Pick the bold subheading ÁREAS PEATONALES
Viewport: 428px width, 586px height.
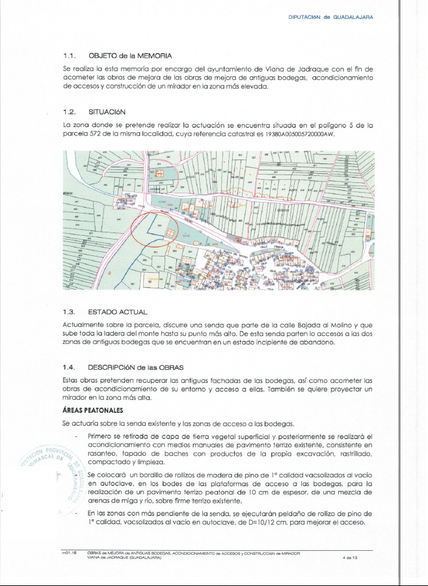tap(94, 410)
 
